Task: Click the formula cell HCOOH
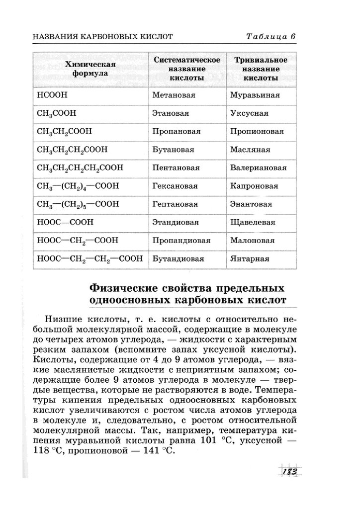pos(52,95)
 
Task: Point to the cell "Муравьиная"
pos(255,95)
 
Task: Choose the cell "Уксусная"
pos(249,113)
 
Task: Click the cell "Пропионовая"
pos(257,132)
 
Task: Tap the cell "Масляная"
pos(250,150)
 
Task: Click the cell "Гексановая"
pos(175,186)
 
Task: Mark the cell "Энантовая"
pos(251,204)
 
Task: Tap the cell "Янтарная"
pos(250,259)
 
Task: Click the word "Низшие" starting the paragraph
pos(62,319)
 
